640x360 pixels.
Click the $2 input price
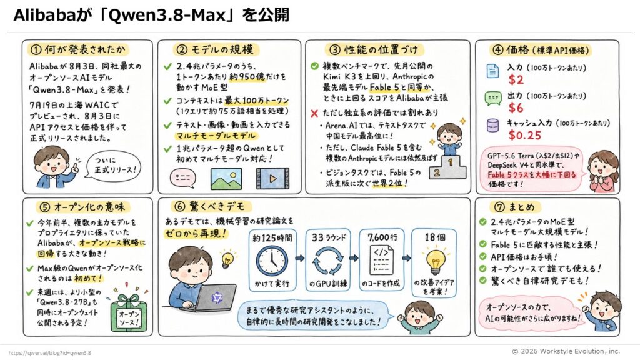point(516,79)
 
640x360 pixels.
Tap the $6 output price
point(516,107)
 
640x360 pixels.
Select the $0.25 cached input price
point(525,135)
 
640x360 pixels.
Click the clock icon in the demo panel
point(272,261)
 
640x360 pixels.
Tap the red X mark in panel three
point(314,113)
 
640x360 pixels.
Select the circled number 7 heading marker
point(499,207)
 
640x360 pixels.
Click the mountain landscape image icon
point(226,178)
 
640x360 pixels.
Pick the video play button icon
point(272,178)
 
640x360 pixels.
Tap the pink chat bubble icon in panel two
point(183,179)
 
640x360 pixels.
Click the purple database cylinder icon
point(492,125)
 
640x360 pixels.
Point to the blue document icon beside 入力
point(492,71)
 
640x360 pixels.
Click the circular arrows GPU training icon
point(327,261)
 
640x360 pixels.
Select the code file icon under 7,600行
point(382,260)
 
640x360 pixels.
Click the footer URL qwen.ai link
point(49,353)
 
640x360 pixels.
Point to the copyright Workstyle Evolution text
point(566,351)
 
